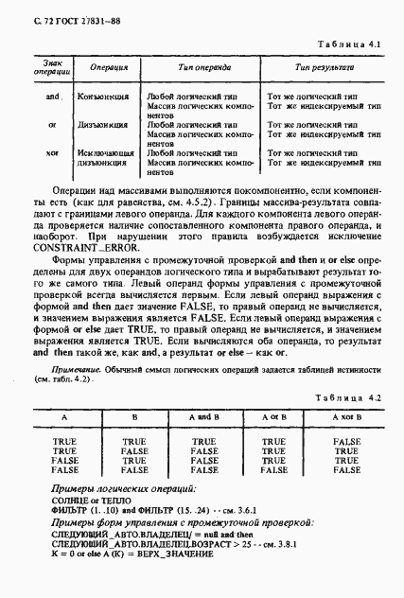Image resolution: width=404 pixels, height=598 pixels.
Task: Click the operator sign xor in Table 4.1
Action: (53, 151)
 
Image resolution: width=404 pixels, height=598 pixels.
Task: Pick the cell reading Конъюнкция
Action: (103, 97)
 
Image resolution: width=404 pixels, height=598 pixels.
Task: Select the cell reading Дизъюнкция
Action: (103, 124)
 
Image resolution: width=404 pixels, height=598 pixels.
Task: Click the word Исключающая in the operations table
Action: (103, 151)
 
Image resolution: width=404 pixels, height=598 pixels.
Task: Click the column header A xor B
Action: (347, 416)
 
